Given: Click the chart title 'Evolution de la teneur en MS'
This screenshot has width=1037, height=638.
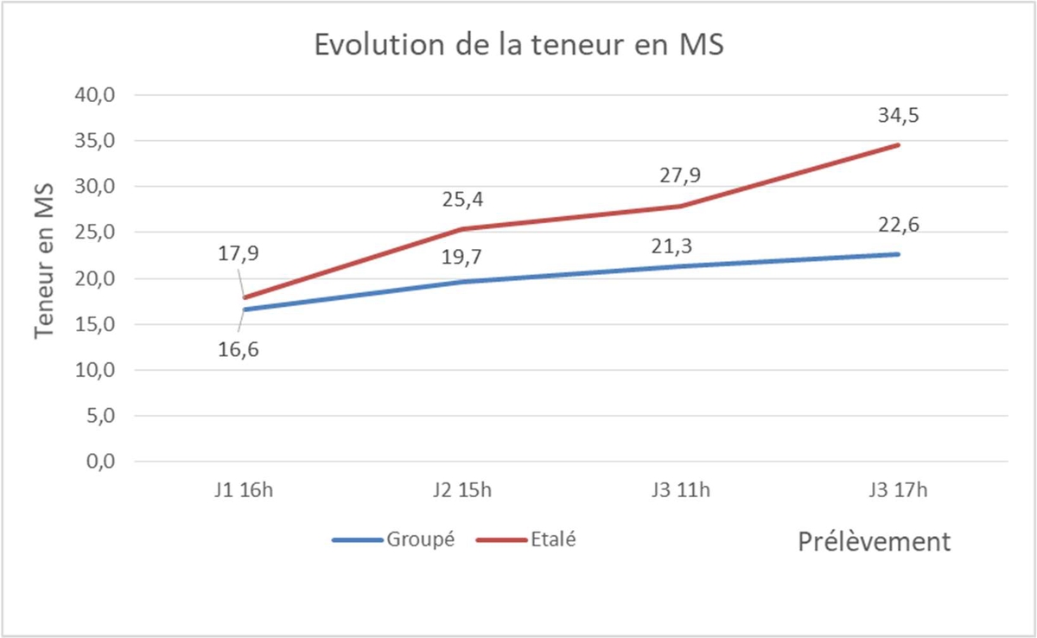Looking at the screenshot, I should (518, 45).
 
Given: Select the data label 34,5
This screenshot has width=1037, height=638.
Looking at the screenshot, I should (898, 115).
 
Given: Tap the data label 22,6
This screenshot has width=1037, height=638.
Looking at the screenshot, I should (898, 224).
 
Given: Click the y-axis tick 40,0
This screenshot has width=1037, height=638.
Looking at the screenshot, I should (98, 95).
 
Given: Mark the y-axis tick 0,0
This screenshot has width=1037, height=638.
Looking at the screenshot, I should (102, 461).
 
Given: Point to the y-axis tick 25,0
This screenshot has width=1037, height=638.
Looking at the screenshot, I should (98, 233).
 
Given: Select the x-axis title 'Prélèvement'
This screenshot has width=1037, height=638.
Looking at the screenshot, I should (874, 542).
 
